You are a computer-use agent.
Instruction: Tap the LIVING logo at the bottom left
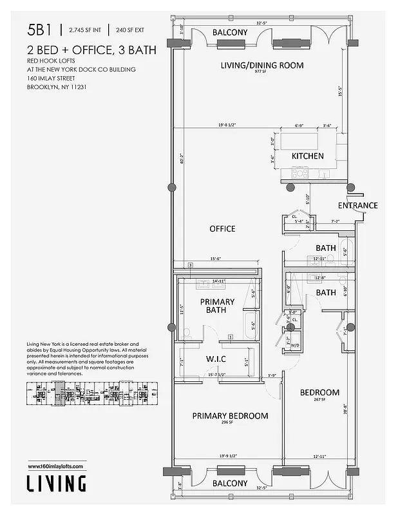(x=56, y=483)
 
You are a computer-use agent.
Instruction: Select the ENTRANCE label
(x=358, y=206)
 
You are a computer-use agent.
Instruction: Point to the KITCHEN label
(x=308, y=156)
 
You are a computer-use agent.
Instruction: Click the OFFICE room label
(x=222, y=229)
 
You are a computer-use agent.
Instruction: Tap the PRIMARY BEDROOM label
(x=230, y=416)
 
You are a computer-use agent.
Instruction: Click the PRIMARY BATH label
(x=217, y=306)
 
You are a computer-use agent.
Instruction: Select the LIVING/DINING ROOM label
(x=261, y=65)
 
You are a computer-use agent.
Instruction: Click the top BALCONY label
(x=230, y=32)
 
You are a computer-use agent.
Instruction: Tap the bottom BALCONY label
(x=230, y=483)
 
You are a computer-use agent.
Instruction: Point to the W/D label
(x=295, y=344)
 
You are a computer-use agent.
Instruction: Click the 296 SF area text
(x=230, y=424)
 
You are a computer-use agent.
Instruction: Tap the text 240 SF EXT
(x=131, y=30)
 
